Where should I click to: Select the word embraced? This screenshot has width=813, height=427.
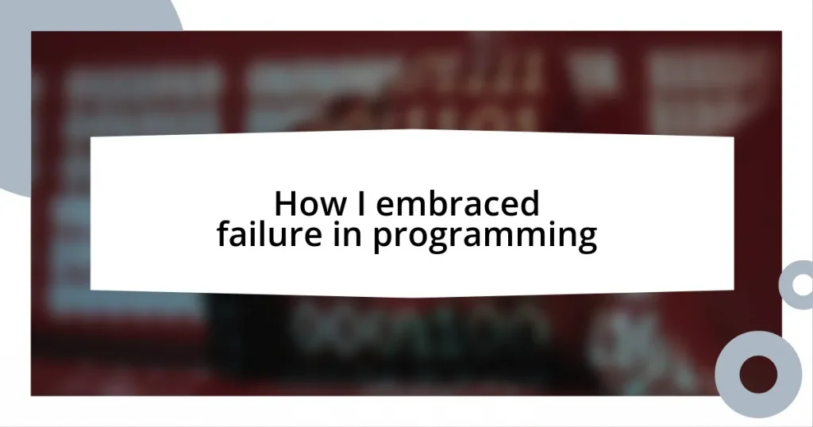point(457,205)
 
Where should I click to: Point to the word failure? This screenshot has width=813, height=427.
point(260,237)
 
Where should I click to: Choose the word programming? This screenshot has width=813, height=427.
point(484,238)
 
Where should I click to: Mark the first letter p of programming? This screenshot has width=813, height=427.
point(382,240)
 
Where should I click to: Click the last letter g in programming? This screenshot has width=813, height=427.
point(586,240)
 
